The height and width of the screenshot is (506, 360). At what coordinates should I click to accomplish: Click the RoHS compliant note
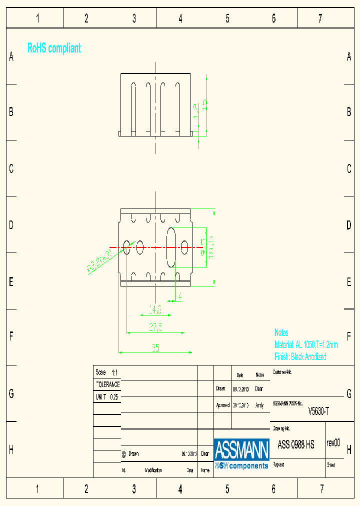54,48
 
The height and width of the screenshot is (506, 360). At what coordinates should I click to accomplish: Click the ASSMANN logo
241,450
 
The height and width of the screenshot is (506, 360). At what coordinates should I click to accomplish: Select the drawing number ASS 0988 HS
296,445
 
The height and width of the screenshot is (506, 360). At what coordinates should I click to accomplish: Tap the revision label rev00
333,442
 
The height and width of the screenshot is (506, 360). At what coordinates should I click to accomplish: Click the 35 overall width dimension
155,348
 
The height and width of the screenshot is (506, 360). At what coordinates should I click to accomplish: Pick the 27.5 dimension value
155,327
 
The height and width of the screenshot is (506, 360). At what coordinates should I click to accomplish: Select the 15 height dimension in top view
204,104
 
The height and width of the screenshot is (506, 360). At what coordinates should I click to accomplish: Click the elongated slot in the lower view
170,247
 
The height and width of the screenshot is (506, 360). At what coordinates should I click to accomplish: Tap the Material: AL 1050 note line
306,345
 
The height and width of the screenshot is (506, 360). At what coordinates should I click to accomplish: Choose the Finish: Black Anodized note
300,356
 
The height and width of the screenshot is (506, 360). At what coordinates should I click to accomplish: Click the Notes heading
281,332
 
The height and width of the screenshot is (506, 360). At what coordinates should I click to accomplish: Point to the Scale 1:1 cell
106,372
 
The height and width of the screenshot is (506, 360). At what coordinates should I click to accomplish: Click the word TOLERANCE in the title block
107,384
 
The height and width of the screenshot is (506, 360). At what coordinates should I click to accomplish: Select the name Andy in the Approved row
259,405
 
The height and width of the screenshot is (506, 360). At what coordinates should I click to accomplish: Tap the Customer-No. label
282,372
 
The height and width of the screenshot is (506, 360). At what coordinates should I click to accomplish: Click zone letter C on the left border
11,169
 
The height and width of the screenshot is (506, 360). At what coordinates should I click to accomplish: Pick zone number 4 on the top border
180,19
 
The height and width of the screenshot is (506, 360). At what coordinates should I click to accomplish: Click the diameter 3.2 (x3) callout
98,261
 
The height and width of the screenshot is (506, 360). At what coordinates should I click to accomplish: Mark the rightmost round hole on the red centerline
184,246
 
